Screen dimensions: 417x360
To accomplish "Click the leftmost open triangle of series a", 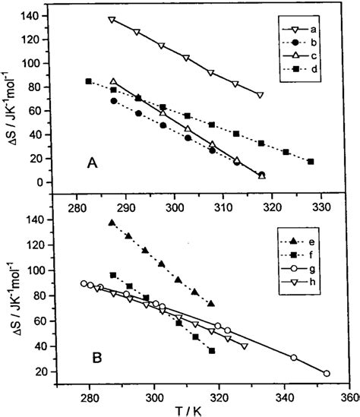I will pos(112,20).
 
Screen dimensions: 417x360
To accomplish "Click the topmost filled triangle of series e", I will pos(112,223).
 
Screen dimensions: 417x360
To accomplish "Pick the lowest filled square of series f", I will pos(211,350).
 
